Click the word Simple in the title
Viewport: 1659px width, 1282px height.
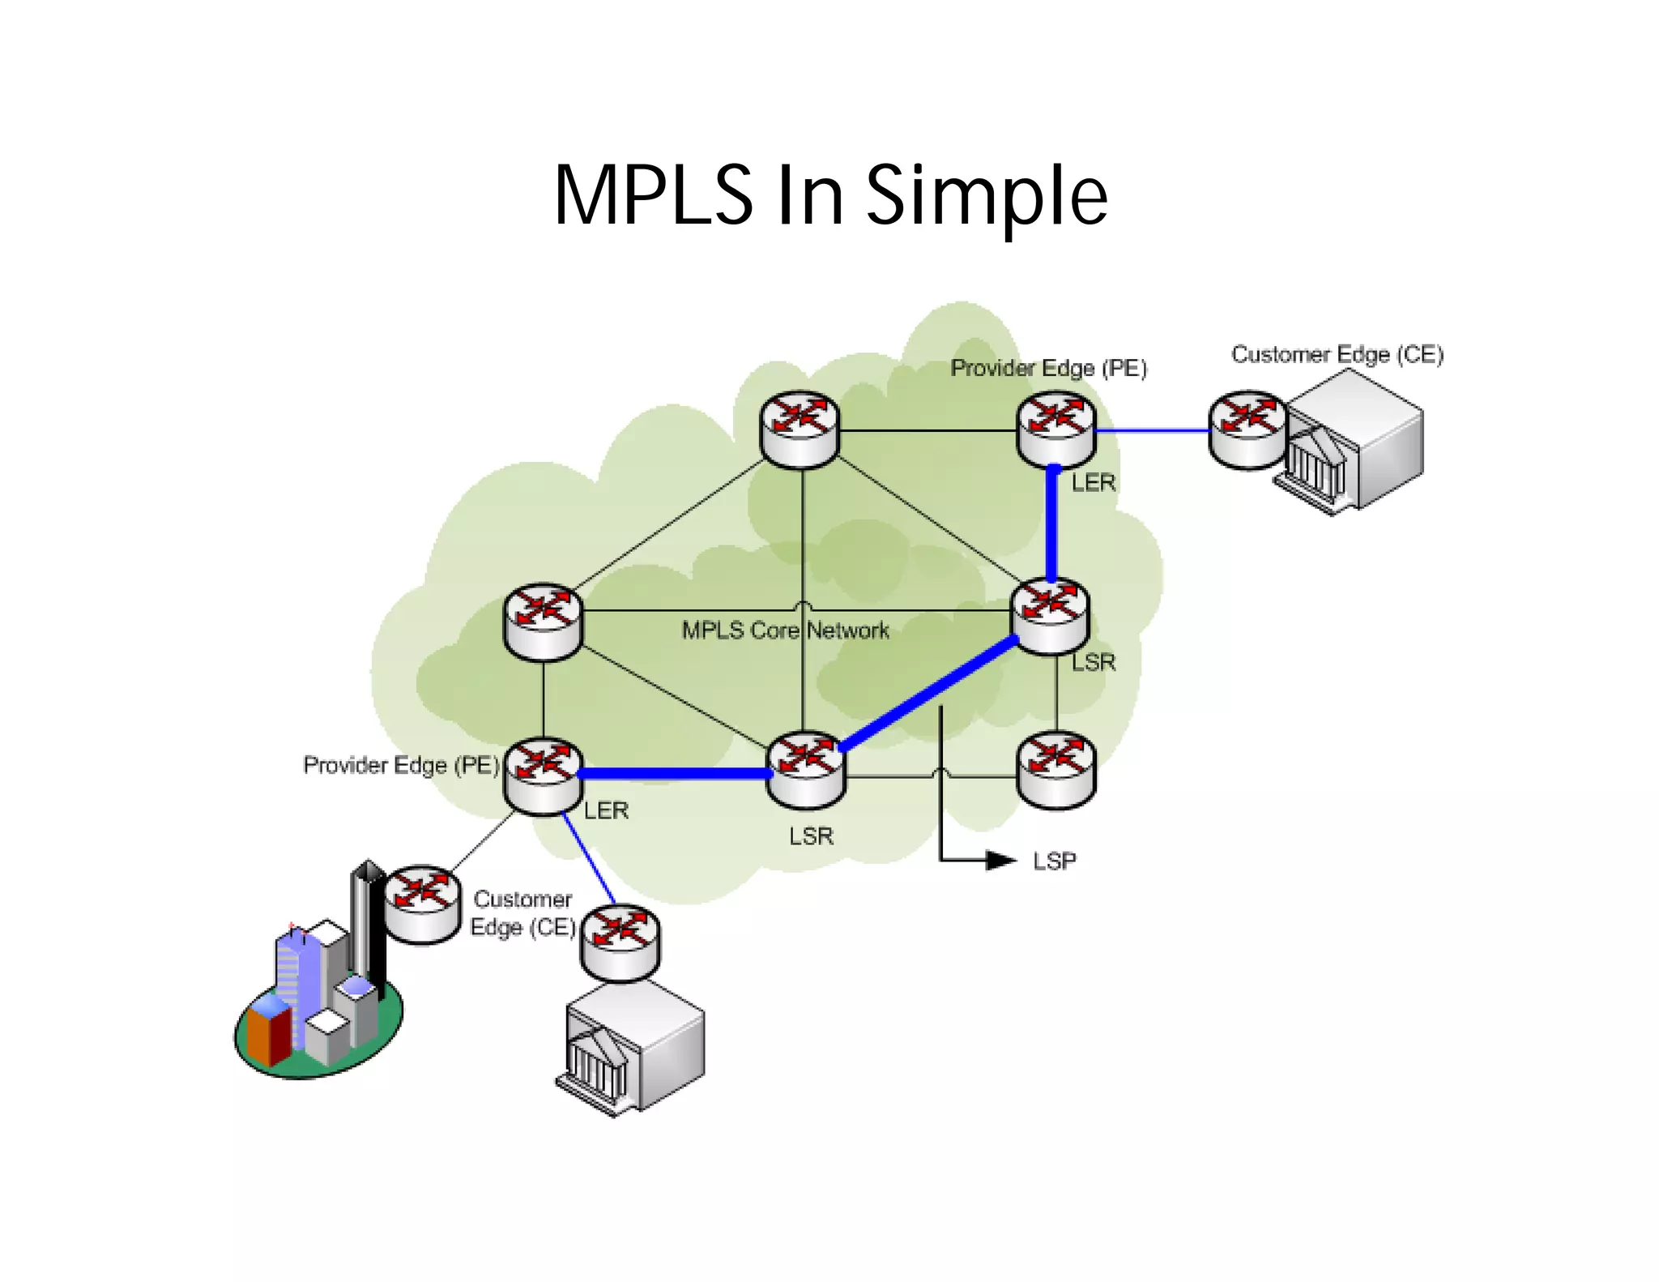986,195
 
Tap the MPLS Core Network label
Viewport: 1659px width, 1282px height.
785,630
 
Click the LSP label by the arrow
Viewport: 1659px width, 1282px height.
1054,861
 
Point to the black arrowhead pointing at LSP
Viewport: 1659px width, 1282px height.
1001,861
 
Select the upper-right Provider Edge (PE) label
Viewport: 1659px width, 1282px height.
1048,368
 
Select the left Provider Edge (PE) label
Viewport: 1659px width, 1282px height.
401,765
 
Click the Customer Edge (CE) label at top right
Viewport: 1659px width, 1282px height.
1337,354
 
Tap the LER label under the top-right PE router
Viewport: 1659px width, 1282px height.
1093,483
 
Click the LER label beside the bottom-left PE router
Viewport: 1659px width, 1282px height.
606,810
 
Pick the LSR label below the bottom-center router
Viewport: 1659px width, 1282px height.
811,836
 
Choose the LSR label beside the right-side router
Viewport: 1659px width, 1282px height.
1094,663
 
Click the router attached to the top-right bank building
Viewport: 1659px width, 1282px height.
1247,430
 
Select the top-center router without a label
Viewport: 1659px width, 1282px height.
800,430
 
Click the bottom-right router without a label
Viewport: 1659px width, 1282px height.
1056,771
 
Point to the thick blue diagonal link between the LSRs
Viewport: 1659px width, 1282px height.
929,694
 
